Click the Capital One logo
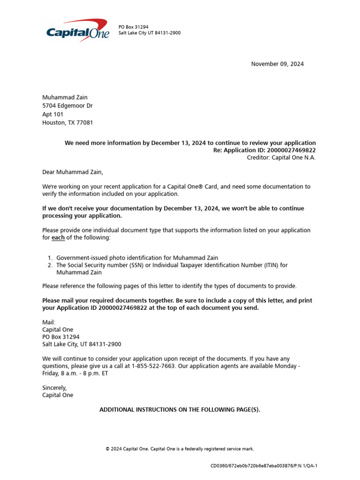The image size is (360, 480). click(78, 30)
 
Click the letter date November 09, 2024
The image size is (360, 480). click(277, 64)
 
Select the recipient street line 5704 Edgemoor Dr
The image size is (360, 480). click(67, 106)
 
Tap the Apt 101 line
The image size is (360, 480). click(53, 114)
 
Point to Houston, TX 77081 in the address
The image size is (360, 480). click(67, 123)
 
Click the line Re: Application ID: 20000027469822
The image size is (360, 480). click(264, 150)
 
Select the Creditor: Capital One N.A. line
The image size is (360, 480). click(281, 157)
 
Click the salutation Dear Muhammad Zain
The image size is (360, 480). click(72, 172)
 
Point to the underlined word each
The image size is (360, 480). click(58, 238)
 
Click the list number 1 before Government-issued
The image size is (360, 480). click(50, 258)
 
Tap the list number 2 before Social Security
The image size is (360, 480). click(50, 265)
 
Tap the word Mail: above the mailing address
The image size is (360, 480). click(49, 322)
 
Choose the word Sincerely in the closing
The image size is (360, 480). click(54, 388)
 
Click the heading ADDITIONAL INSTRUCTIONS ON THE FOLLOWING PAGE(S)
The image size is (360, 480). click(180, 410)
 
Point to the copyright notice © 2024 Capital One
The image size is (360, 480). click(180, 449)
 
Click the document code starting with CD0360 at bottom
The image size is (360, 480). click(264, 466)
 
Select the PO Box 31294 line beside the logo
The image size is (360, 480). click(133, 27)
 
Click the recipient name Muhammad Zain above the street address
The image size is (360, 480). click(65, 97)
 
